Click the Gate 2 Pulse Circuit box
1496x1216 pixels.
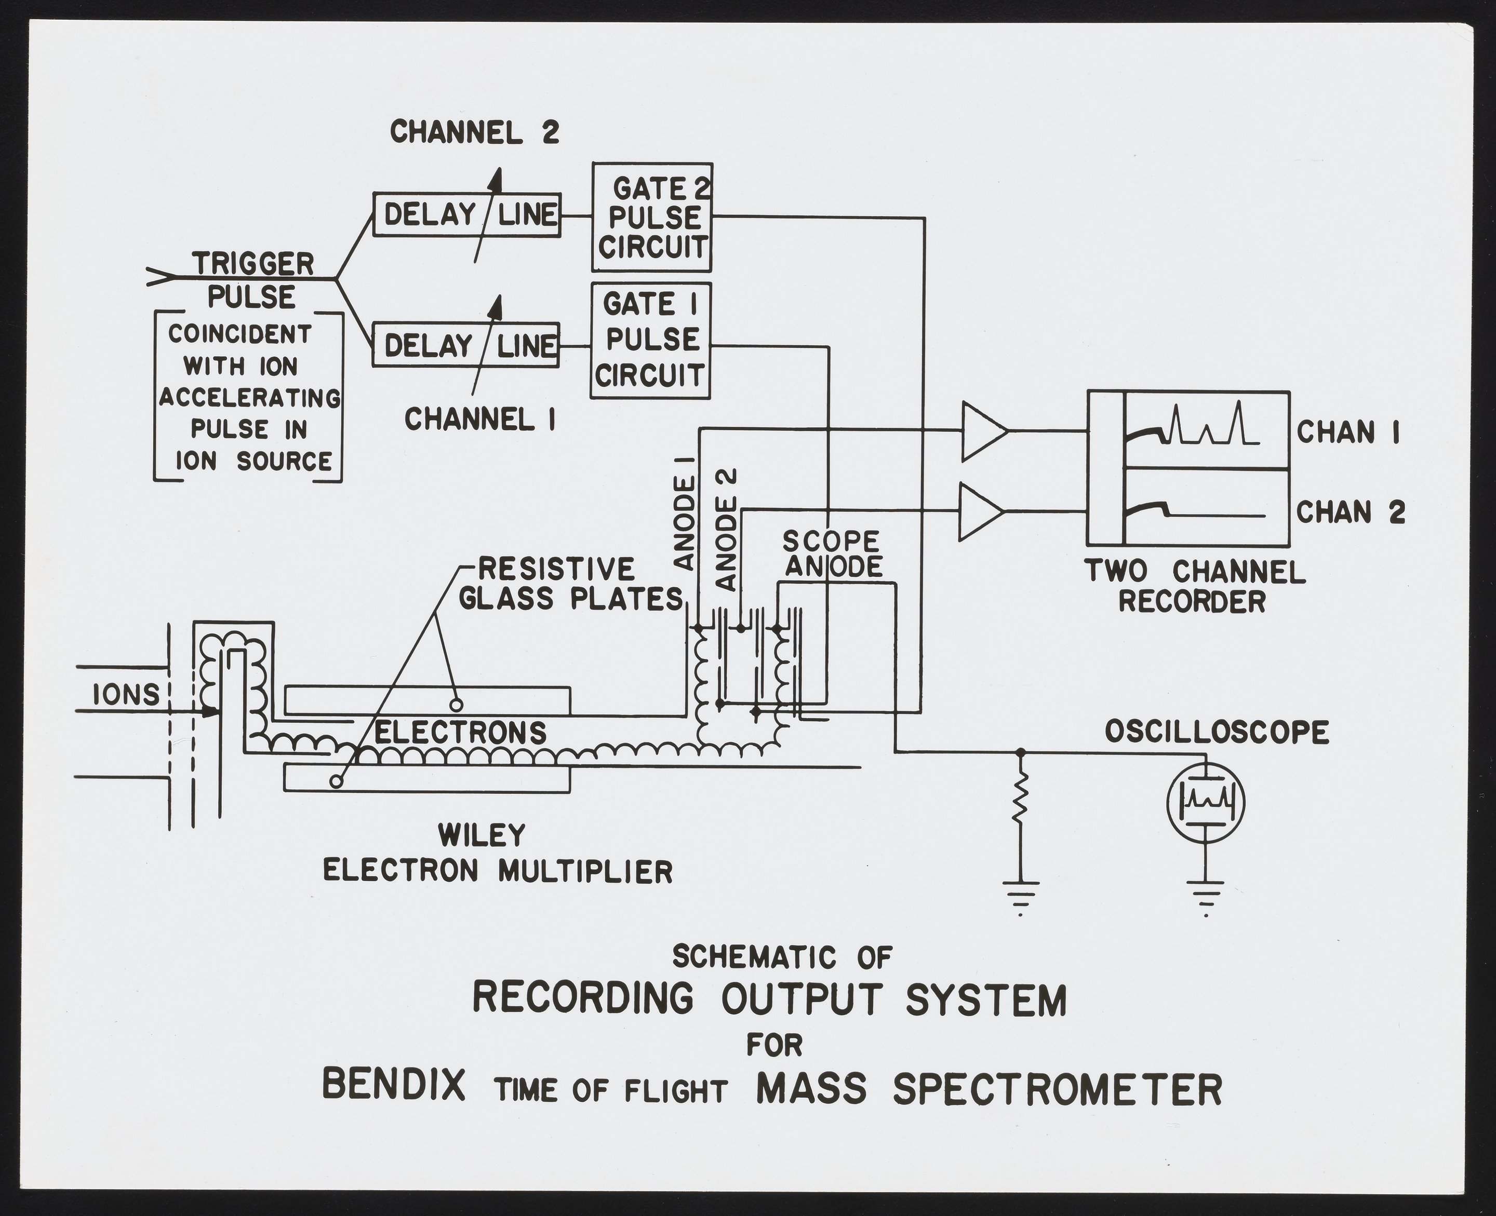[652, 217]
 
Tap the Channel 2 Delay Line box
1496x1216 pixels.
[466, 214]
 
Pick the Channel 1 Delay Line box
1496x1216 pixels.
[466, 345]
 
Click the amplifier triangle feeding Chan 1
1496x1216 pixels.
[982, 431]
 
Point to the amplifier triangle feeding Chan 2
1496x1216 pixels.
[980, 512]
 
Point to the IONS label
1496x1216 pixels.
[127, 695]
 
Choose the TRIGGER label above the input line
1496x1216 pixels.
[253, 264]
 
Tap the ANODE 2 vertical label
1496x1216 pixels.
[727, 530]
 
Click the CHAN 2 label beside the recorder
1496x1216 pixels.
[1350, 512]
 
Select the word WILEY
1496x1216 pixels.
[482, 835]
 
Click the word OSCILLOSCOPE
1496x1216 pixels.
[1217, 733]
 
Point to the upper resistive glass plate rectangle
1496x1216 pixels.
[428, 700]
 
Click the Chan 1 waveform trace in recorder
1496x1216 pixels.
[1205, 429]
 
